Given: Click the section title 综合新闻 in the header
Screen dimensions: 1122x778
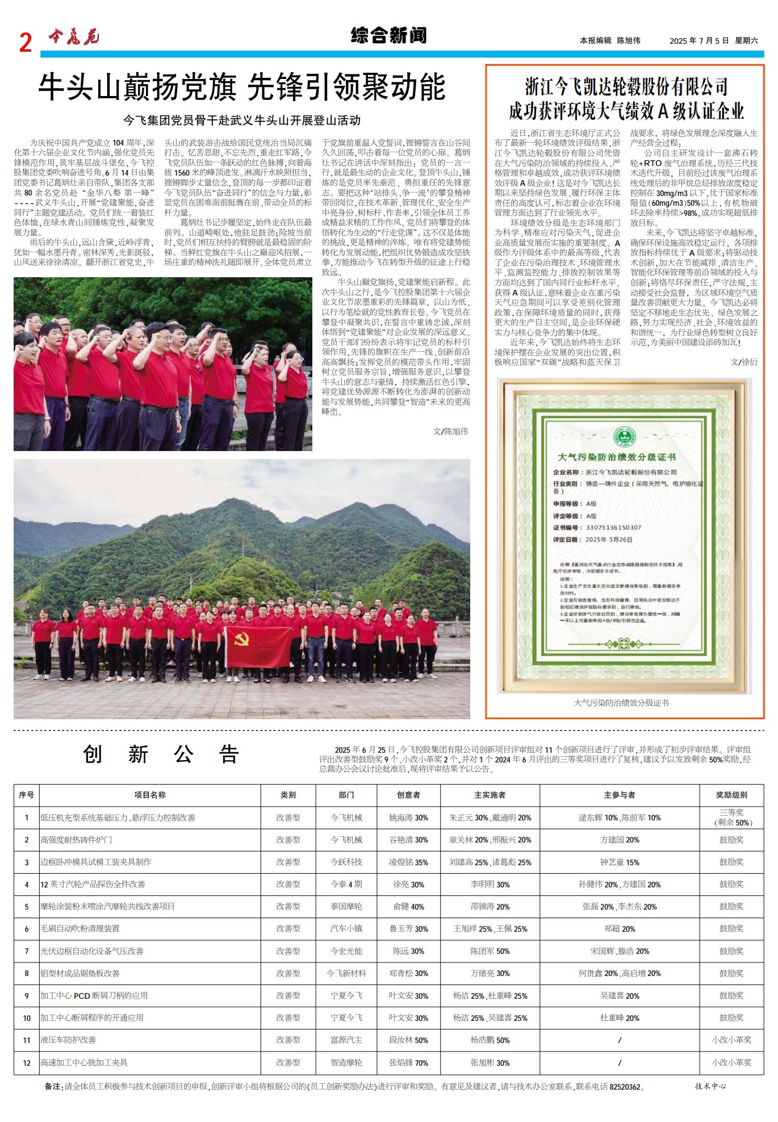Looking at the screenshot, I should point(388,36).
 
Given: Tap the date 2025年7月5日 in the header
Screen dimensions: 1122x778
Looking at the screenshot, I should point(698,41).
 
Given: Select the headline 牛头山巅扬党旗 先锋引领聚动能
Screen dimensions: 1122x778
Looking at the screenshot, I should point(242,87).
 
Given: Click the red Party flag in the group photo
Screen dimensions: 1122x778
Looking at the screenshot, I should point(258,646).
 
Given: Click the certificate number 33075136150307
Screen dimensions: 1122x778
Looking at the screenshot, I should point(613,528).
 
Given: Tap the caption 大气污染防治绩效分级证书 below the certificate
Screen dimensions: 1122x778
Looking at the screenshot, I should point(621,703).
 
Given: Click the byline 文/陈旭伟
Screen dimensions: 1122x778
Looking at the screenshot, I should point(450,431).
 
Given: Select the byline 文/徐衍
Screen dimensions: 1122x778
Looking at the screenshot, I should point(744,362).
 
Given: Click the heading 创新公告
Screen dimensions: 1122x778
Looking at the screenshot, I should point(161,754).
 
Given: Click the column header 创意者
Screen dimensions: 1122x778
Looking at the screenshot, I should point(408,795).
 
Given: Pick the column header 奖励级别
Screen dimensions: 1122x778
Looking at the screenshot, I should point(731,795).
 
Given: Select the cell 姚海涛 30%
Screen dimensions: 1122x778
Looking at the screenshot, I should point(408,817).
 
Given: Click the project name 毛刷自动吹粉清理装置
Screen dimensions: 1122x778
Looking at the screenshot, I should point(80,929).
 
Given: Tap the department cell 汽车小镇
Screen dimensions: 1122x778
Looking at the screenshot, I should point(346,929).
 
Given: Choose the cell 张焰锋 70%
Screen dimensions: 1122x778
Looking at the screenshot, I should point(408,1062).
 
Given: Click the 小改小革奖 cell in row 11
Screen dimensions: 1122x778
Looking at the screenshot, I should point(731,1040).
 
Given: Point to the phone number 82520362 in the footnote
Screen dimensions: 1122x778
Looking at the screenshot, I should point(625,1087).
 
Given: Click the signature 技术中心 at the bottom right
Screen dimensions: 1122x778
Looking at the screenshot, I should point(710,1086).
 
